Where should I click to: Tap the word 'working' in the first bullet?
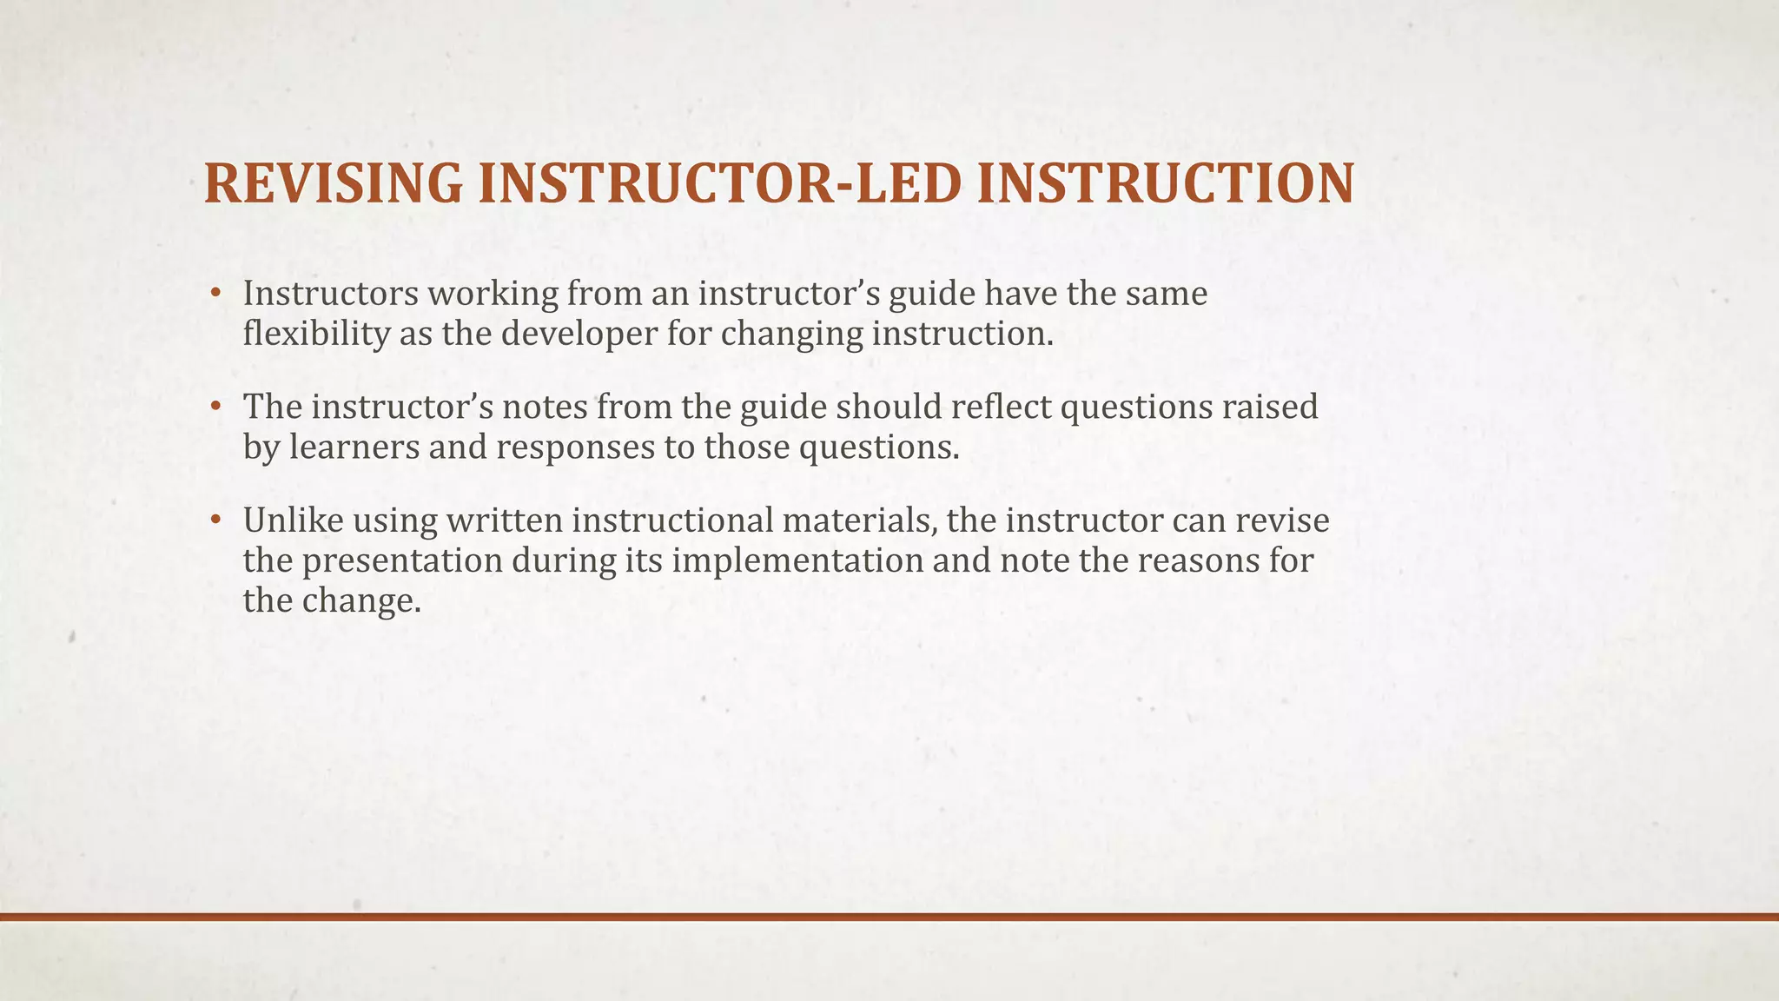pos(492,294)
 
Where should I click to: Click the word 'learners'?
pos(355,447)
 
